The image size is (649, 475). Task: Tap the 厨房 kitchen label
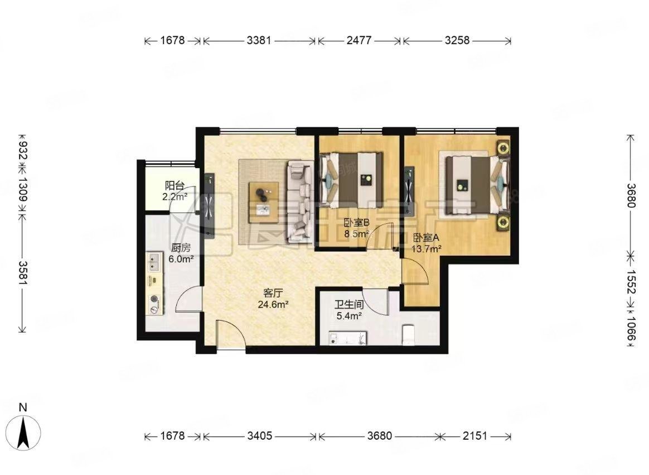coord(180,249)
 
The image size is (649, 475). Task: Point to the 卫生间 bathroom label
coord(349,305)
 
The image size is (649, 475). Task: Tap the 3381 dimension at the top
coord(259,41)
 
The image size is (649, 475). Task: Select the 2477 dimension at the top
coord(359,41)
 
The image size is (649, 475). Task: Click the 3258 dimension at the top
coord(457,41)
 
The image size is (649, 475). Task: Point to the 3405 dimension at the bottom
coord(260,436)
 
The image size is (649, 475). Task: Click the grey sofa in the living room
coord(300,201)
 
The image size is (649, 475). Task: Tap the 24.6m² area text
coord(273,304)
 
